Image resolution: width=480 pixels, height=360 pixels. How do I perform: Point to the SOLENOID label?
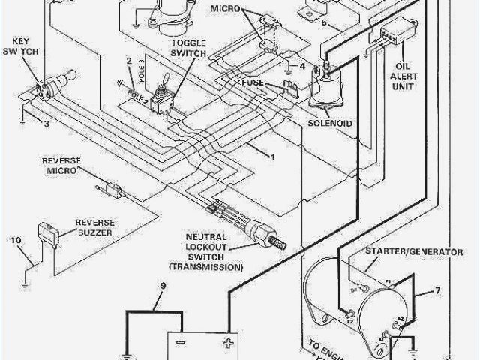(x=329, y=122)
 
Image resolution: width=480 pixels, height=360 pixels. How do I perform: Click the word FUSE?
(x=252, y=82)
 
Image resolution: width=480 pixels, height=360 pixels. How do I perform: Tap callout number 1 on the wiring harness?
(x=273, y=157)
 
